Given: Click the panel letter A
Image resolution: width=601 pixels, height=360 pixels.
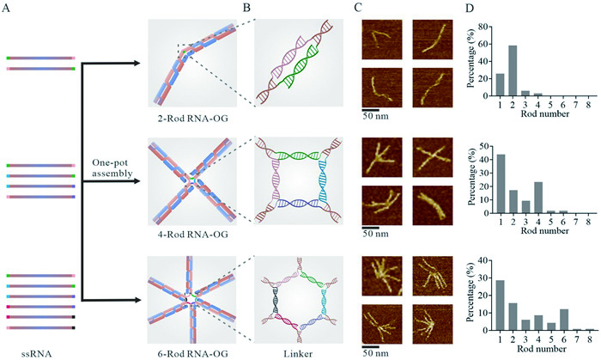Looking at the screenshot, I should [9, 9].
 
